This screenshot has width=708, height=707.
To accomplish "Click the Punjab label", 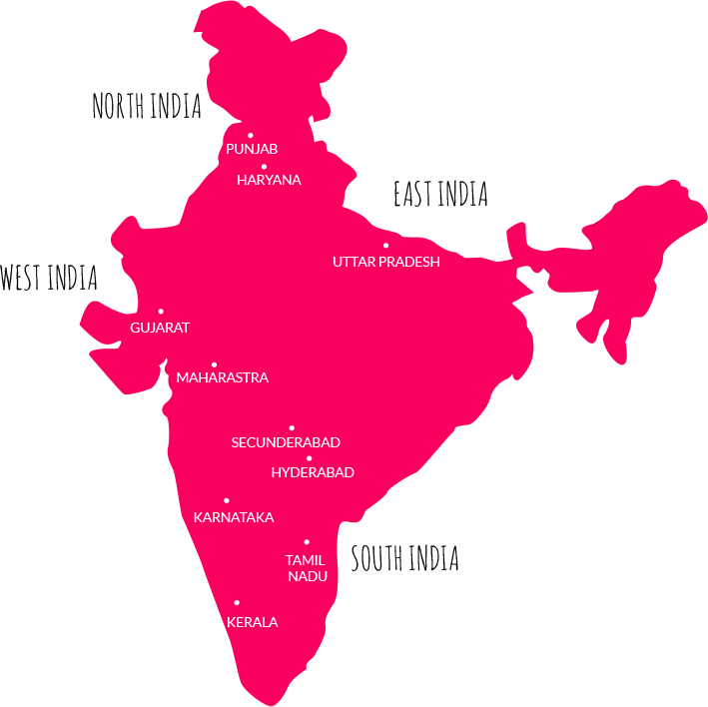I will click(252, 149).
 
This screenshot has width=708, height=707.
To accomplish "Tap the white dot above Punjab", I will click(251, 135).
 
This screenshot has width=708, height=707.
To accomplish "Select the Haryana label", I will click(269, 181).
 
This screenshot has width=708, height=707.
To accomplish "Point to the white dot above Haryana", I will click(264, 167).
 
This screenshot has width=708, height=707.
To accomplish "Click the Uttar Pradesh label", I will click(385, 262).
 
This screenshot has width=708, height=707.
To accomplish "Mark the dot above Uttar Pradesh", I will click(385, 245).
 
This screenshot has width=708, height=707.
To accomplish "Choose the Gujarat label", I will click(160, 328).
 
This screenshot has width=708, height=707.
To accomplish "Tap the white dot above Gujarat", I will click(161, 312).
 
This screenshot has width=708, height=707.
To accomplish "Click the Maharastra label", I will click(222, 378).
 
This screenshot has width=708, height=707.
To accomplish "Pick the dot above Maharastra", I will click(214, 364).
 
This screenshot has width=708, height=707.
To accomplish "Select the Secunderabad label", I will click(286, 442).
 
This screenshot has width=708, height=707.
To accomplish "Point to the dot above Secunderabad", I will click(292, 427).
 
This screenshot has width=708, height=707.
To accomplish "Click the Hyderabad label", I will click(313, 472).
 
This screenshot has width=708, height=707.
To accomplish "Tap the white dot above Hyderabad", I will click(309, 458).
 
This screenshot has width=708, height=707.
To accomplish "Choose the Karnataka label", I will click(234, 517).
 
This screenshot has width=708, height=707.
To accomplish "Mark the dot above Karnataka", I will click(227, 500).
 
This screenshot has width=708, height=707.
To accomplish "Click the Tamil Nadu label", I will click(307, 568).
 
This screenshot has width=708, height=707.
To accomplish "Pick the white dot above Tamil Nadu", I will click(307, 542).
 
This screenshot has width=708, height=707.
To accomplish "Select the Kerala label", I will click(253, 622).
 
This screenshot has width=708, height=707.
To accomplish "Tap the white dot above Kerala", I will click(237, 602).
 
